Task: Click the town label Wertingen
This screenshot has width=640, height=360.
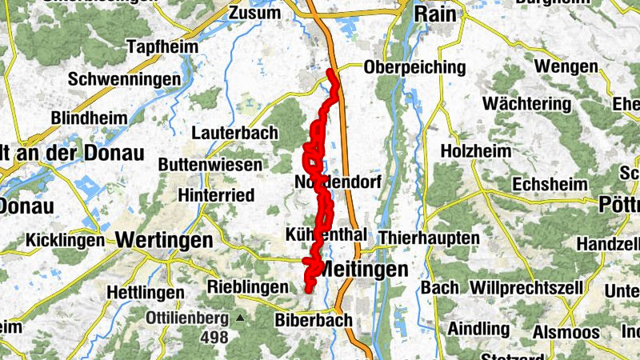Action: [x=164, y=239]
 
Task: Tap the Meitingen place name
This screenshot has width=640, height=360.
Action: [x=363, y=270]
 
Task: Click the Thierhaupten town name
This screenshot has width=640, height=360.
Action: [x=429, y=238]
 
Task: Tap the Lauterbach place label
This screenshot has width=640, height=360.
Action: [x=236, y=133]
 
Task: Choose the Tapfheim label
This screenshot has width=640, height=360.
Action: [x=162, y=47]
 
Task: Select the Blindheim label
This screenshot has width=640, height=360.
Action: [x=88, y=118]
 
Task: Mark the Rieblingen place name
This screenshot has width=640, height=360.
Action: [x=247, y=286]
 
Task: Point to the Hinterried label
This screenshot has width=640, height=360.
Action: [x=217, y=195]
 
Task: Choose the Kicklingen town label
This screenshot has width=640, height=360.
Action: [x=64, y=239]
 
